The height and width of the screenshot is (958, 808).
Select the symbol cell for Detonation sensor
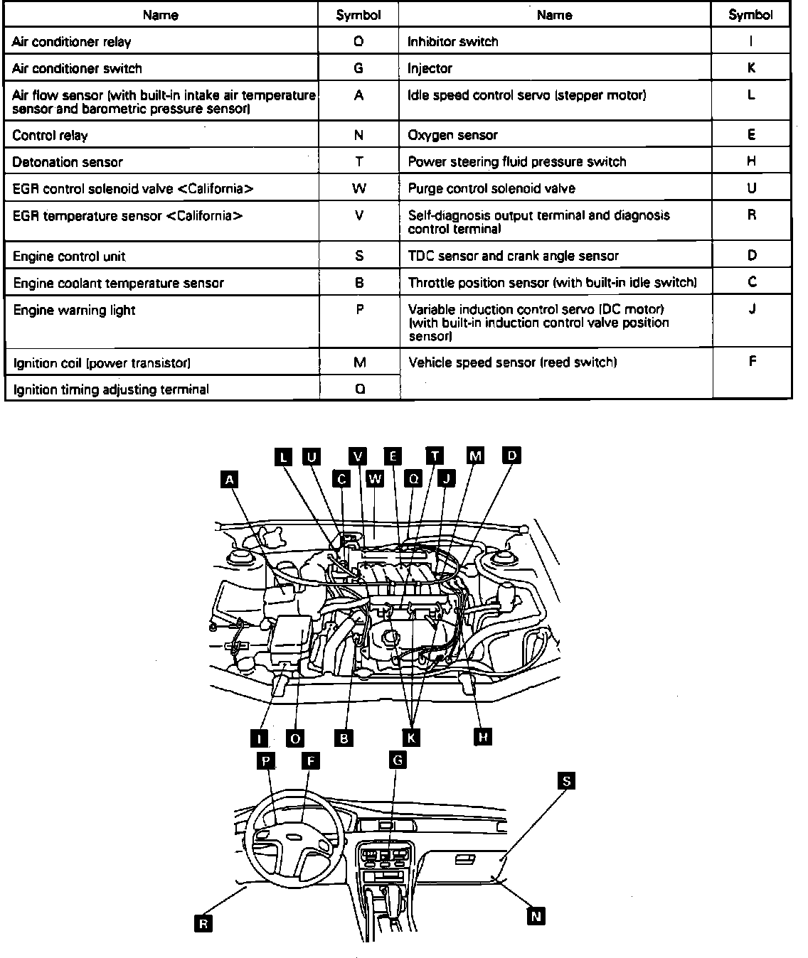click(x=359, y=162)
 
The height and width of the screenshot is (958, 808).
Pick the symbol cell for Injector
click(x=751, y=68)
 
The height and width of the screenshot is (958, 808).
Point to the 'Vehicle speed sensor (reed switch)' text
click(x=513, y=362)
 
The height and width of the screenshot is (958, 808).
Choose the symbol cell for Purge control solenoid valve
click(x=751, y=188)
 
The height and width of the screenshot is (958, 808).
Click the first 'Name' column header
click(x=161, y=15)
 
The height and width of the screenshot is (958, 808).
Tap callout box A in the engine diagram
click(x=229, y=480)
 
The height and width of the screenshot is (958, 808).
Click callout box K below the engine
click(x=410, y=738)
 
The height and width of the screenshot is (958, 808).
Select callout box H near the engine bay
click(x=483, y=737)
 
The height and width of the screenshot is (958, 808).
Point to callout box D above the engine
click(x=511, y=455)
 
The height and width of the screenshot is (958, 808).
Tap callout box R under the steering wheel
click(x=203, y=923)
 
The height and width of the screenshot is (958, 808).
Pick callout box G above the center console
click(x=398, y=760)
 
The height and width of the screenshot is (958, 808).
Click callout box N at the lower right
click(x=536, y=916)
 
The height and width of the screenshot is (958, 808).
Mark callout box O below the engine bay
click(x=295, y=738)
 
